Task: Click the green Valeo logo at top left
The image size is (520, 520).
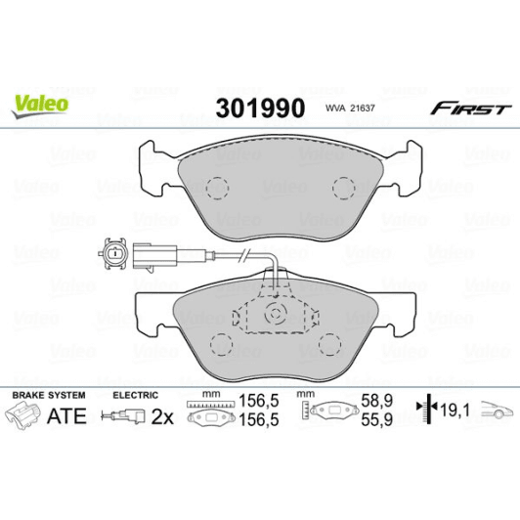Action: point(39,101)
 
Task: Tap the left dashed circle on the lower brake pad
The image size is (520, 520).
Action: point(222,344)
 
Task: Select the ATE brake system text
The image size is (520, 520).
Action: point(67,415)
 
